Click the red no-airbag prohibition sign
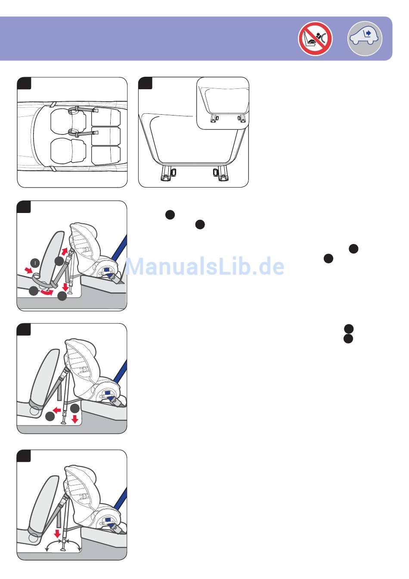tap(315, 38)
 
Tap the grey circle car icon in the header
tap(365, 38)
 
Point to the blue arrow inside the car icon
tap(369, 33)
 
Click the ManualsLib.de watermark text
tap(204, 266)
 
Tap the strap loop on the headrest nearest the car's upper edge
tap(74, 111)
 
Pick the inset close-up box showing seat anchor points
tap(223, 103)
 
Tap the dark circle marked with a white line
tap(35, 263)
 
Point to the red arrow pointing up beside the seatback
tap(65, 251)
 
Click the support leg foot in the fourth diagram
tap(63, 423)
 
